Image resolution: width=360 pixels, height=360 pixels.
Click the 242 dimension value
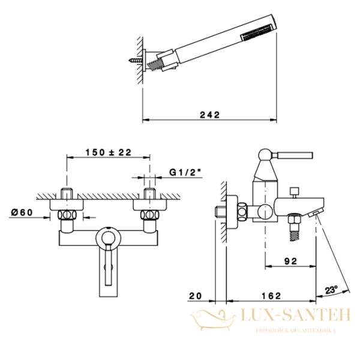point(209,115)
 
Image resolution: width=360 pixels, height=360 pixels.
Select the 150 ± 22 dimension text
point(109,152)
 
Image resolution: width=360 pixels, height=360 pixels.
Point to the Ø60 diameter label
point(22,212)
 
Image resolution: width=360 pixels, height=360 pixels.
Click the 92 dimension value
point(290,261)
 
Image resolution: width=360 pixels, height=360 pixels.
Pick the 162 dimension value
point(271,296)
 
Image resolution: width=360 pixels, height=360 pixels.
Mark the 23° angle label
point(331,290)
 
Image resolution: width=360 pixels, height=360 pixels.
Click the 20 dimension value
point(195,296)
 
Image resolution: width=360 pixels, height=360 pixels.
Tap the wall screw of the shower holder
point(136,61)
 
